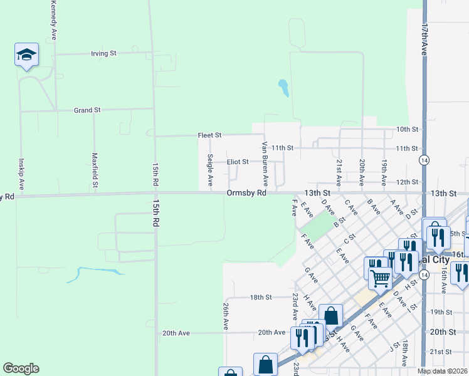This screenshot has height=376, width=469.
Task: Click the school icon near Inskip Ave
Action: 26,55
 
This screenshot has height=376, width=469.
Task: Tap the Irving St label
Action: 104,53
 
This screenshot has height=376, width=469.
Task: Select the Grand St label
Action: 87,110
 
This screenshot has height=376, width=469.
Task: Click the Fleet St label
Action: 210,135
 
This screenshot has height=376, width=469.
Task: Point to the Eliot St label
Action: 238,162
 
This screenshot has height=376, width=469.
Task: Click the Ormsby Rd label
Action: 246,193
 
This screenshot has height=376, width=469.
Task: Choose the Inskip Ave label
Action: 21,174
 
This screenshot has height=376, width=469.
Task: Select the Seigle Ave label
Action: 210,169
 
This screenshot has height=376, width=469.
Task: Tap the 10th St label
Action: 407,129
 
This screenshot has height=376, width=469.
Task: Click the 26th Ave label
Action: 225,318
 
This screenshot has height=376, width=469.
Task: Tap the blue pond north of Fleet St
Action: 283,87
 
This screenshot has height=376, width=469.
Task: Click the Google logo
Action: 21,368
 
